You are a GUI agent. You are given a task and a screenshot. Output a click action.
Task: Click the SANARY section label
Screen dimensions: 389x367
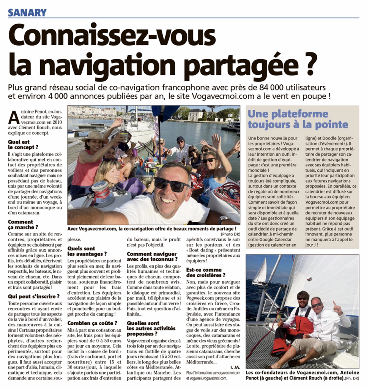point(27,13)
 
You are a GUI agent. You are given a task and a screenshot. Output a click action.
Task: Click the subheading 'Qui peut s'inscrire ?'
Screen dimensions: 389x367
point(33,296)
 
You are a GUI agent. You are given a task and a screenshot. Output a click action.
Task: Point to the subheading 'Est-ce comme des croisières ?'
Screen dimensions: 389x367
point(206,272)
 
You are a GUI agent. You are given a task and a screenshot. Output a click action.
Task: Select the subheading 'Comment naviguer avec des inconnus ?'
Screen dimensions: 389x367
point(151,256)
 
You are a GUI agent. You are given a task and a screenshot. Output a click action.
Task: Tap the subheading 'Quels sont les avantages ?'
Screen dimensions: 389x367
point(87,251)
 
